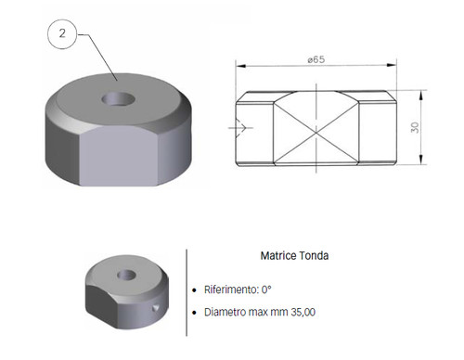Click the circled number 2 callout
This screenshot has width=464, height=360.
pos(62,33)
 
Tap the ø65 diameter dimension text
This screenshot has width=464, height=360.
pos(316,59)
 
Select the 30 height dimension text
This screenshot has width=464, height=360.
pos(415,127)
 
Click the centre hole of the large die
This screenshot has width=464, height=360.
pos(119,98)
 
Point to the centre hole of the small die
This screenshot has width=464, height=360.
pos(127,275)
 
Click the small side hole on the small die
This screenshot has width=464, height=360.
pos(156,307)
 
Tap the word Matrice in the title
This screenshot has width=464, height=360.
pos(278,256)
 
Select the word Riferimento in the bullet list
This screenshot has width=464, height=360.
pos(231,289)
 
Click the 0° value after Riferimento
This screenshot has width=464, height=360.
pos(266,289)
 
